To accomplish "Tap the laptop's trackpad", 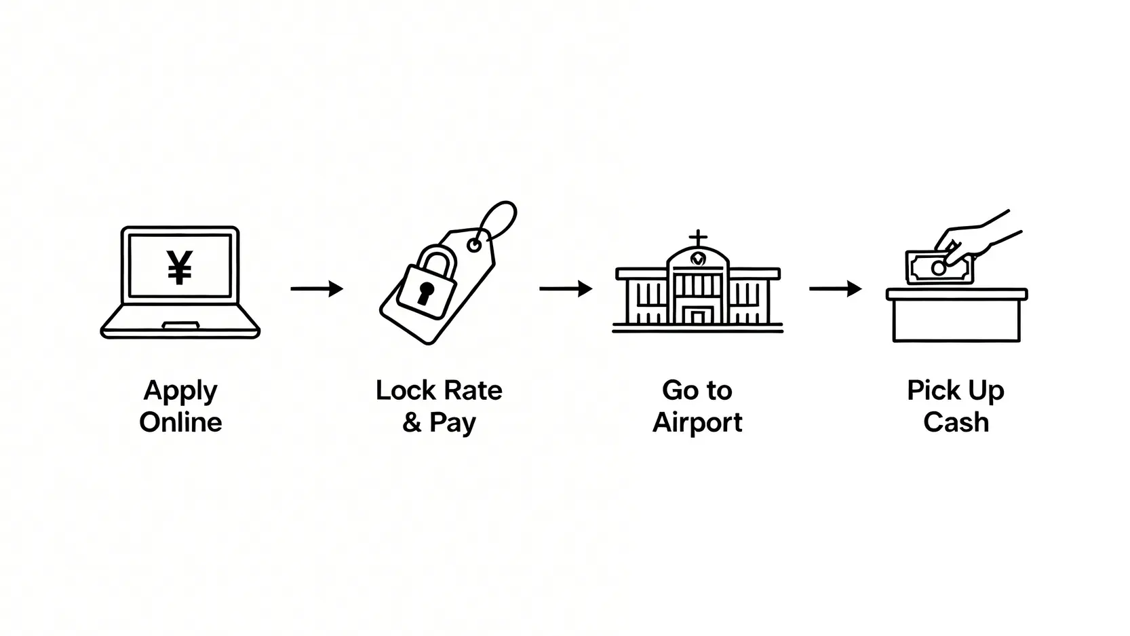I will coord(180,326).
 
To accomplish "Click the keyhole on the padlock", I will coord(425,293).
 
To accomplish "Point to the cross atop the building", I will coord(697,238).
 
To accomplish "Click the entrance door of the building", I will coord(697,316).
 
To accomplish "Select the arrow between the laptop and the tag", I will coord(317,288).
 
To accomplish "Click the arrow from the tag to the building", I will coord(566,288).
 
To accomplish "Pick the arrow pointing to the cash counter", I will coord(835,288).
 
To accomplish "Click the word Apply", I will coord(180,391).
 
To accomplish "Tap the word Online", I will coord(180,422).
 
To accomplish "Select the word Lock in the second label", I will coord(405,390).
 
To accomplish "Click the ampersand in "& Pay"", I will coord(412,422).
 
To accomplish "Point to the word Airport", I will coord(697,423).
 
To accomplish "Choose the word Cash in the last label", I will coord(956,422).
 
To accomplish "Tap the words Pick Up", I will coord(956,391).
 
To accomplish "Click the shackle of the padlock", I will coord(434,259).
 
